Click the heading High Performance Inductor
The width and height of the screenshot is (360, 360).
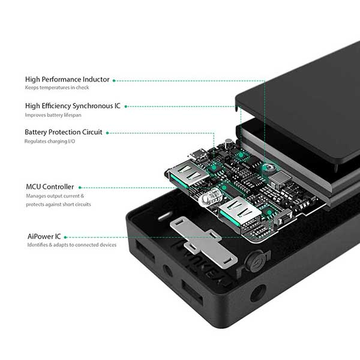click(67, 79)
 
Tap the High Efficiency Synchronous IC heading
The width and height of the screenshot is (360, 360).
click(73, 106)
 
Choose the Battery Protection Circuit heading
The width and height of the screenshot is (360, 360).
click(64, 132)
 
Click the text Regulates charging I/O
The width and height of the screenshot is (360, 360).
click(49, 141)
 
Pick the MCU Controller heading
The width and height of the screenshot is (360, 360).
click(50, 187)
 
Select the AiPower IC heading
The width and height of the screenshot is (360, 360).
click(44, 236)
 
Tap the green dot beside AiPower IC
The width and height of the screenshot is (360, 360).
click(66, 236)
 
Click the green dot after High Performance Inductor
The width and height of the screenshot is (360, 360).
click(115, 79)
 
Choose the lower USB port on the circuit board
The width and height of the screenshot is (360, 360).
click(235, 213)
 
